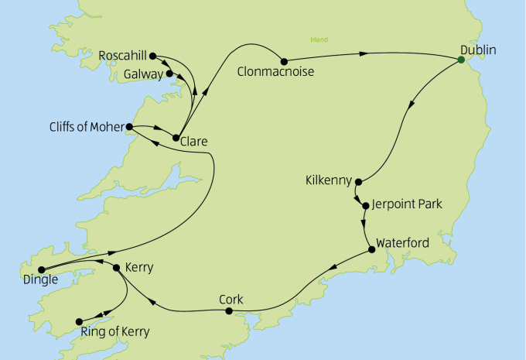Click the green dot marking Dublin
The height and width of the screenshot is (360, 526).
(460, 60)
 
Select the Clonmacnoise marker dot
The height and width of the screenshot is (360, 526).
(284, 61)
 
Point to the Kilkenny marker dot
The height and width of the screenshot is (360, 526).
(358, 182)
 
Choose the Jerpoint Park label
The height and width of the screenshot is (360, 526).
(407, 205)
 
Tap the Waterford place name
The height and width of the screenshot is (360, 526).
(402, 242)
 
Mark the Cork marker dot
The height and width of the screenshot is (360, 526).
(228, 311)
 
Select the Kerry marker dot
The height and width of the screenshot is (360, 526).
(117, 268)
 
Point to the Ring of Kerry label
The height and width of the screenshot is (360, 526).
(114, 334)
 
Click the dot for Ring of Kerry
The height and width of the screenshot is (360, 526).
(78, 321)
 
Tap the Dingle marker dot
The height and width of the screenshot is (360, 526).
(30, 269)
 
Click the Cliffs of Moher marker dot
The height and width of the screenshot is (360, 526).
(129, 126)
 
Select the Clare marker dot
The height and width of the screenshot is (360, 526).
(176, 138)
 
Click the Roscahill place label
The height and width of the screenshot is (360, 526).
(123, 57)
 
